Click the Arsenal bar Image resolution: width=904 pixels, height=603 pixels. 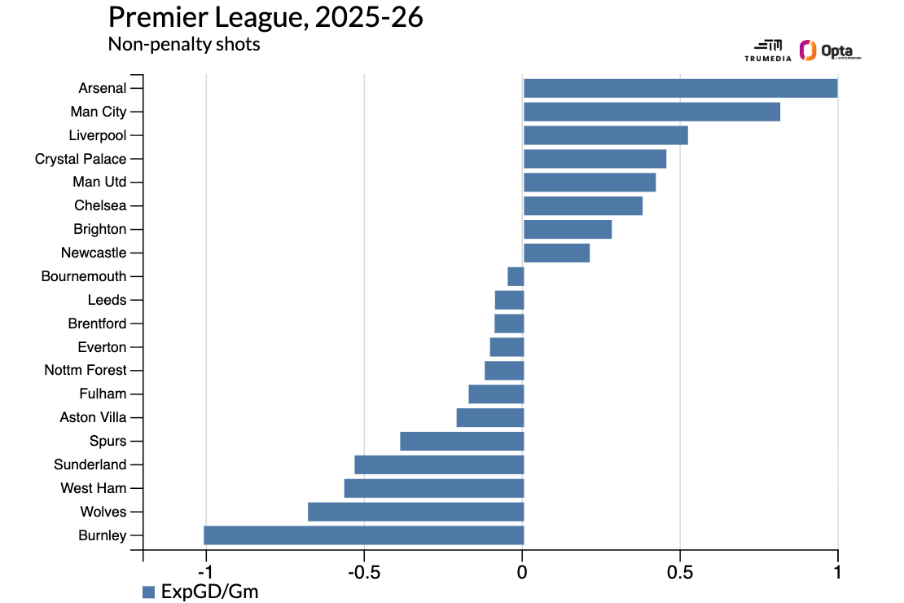[x=680, y=88]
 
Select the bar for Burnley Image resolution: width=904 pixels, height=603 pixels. [x=363, y=535]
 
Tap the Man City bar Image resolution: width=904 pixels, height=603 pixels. [x=652, y=112]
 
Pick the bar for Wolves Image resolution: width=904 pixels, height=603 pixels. [x=415, y=512]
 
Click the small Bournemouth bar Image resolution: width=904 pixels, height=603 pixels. [x=516, y=276]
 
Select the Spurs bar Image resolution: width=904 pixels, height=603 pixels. [x=462, y=441]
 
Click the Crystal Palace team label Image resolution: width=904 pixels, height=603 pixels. [x=81, y=159]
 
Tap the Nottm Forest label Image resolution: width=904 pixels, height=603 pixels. [x=86, y=371]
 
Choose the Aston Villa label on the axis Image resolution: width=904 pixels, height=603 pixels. [x=93, y=418]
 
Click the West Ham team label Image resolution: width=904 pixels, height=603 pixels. [x=93, y=489]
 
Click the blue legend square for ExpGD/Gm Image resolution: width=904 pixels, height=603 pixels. [x=148, y=592]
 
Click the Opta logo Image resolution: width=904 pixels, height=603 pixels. [x=830, y=51]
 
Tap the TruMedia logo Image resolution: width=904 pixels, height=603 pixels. [x=767, y=51]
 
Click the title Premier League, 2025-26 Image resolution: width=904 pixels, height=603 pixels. [x=265, y=18]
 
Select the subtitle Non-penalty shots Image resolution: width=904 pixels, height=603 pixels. [x=184, y=44]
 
